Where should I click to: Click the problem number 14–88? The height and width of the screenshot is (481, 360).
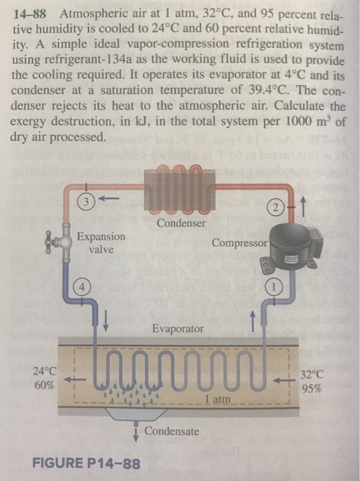click(29, 14)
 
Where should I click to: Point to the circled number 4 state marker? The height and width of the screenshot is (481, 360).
click(82, 287)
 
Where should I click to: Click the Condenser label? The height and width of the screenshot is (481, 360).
click(181, 223)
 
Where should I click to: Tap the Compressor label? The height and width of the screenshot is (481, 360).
click(240, 243)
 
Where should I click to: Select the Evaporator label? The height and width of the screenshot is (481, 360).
click(178, 328)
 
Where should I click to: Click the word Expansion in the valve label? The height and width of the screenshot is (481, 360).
click(101, 236)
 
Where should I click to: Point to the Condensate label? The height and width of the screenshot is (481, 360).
click(172, 431)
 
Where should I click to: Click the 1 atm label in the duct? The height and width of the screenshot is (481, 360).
click(218, 399)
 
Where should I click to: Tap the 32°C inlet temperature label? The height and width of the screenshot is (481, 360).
click(312, 375)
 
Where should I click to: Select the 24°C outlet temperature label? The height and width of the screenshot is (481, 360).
click(45, 372)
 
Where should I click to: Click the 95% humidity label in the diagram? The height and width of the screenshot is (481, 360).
click(312, 389)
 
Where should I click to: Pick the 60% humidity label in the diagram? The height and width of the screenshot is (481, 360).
click(45, 385)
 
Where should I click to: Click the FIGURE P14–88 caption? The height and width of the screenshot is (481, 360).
click(87, 463)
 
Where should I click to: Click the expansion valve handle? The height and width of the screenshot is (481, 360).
click(49, 242)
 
